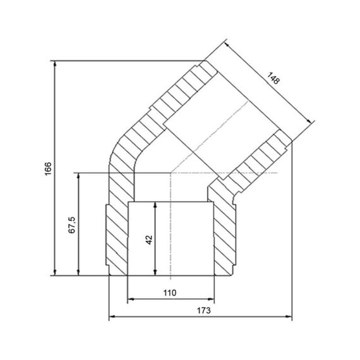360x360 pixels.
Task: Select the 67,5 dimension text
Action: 71,225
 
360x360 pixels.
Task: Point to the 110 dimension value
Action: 169,292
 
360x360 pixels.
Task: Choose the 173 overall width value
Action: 202,310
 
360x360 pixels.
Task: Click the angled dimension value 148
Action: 273,80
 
